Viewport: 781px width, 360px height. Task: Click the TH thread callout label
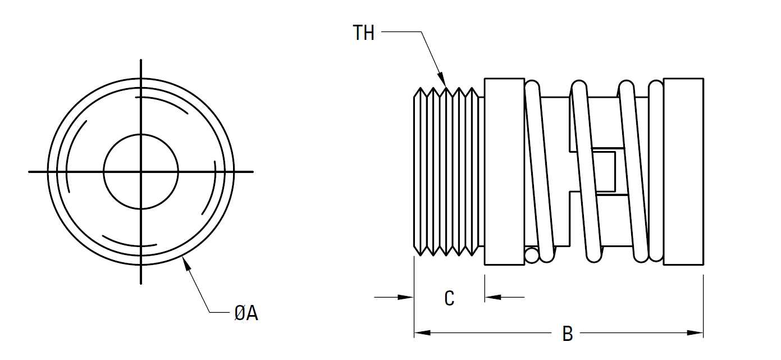tap(363, 33)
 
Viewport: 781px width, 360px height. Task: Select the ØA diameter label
tap(246, 313)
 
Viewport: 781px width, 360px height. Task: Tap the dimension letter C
tap(449, 298)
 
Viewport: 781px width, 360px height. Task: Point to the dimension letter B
tap(568, 334)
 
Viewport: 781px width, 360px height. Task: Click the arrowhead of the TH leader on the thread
tap(442, 80)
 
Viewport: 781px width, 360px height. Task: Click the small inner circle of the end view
tap(141, 171)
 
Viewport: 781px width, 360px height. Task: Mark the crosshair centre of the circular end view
tap(141, 171)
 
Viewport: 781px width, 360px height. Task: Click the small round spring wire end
tap(531, 256)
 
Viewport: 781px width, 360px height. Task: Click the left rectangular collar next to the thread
tap(504, 171)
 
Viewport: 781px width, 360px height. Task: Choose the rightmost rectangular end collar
tap(683, 171)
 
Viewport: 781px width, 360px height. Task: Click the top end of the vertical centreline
tap(141, 60)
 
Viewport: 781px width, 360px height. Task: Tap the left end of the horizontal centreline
tap(30, 171)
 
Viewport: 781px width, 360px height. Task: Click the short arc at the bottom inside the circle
tap(130, 243)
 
